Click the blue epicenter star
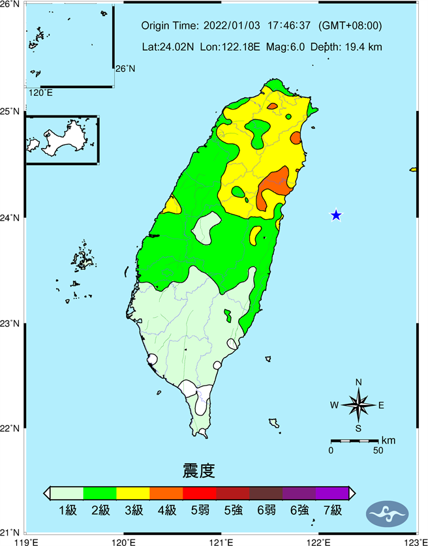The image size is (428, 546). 336,215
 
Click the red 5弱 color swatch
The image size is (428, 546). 199,493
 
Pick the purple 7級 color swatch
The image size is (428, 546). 331,493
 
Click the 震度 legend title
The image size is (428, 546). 199,470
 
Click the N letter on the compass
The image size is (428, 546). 358,382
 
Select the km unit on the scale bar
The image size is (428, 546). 389,440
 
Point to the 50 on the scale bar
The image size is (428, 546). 378,451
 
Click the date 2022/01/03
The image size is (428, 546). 232,26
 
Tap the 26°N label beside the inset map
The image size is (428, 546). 125,68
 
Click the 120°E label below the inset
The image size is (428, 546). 40,93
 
